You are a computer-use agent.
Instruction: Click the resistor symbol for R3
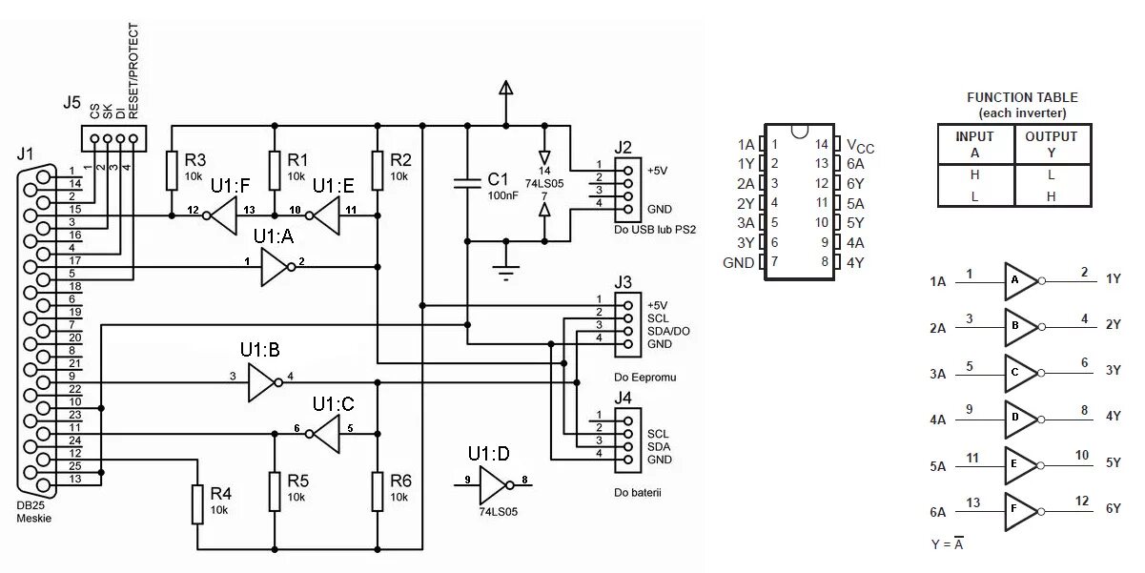172,171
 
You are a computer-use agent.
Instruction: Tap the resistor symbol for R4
197,505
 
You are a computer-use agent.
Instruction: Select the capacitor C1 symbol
467,183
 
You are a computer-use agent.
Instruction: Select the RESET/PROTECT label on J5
133,71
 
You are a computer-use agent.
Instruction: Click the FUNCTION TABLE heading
1022,97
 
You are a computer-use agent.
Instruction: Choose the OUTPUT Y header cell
1053,144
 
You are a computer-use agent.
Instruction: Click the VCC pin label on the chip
860,147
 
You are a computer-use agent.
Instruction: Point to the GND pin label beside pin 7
738,263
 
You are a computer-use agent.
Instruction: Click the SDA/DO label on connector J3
668,331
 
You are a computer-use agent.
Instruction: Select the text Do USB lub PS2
655,230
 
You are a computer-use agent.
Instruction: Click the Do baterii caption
638,493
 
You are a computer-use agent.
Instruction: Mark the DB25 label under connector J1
31,505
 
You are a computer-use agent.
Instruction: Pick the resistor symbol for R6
378,492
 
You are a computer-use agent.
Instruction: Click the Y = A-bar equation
948,543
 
